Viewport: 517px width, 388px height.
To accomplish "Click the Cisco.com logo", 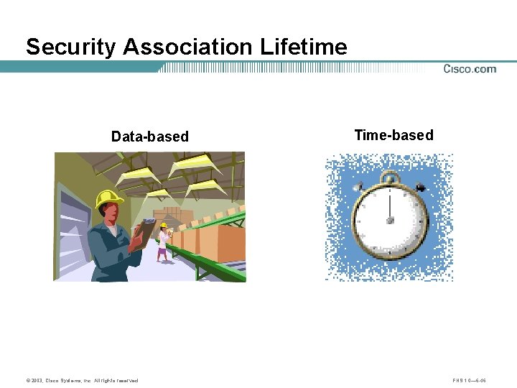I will click(x=470, y=69).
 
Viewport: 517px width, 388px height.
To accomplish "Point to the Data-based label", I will click(x=149, y=137).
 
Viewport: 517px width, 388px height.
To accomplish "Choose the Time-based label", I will click(x=393, y=135).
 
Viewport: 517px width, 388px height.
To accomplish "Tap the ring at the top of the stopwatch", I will click(x=390, y=177).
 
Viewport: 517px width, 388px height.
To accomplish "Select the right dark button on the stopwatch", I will click(x=420, y=188).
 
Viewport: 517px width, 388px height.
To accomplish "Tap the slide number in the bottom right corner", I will click(x=470, y=380).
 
